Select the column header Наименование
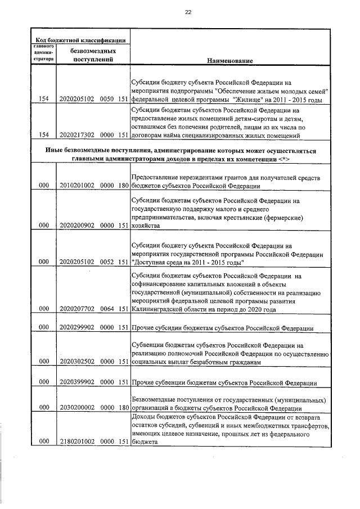pyautogui.click(x=229, y=60)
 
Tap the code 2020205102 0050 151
pyautogui.click(x=93, y=100)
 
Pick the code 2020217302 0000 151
pyautogui.click(x=93, y=135)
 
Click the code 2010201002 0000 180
pyautogui.click(x=93, y=186)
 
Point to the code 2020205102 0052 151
pyautogui.click(x=93, y=262)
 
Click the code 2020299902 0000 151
pyautogui.click(x=93, y=328)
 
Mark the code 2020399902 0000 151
pyautogui.click(x=93, y=383)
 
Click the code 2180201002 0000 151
pyautogui.click(x=93, y=442)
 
